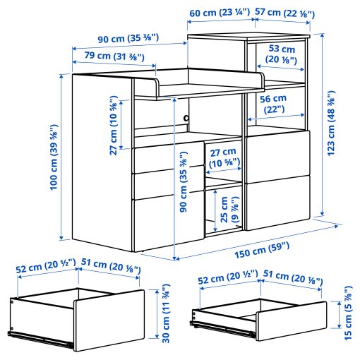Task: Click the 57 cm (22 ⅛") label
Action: tap(282, 12)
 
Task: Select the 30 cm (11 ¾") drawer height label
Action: tap(167, 314)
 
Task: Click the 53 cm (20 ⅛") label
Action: tap(282, 54)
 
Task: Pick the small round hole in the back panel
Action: tap(187, 118)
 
